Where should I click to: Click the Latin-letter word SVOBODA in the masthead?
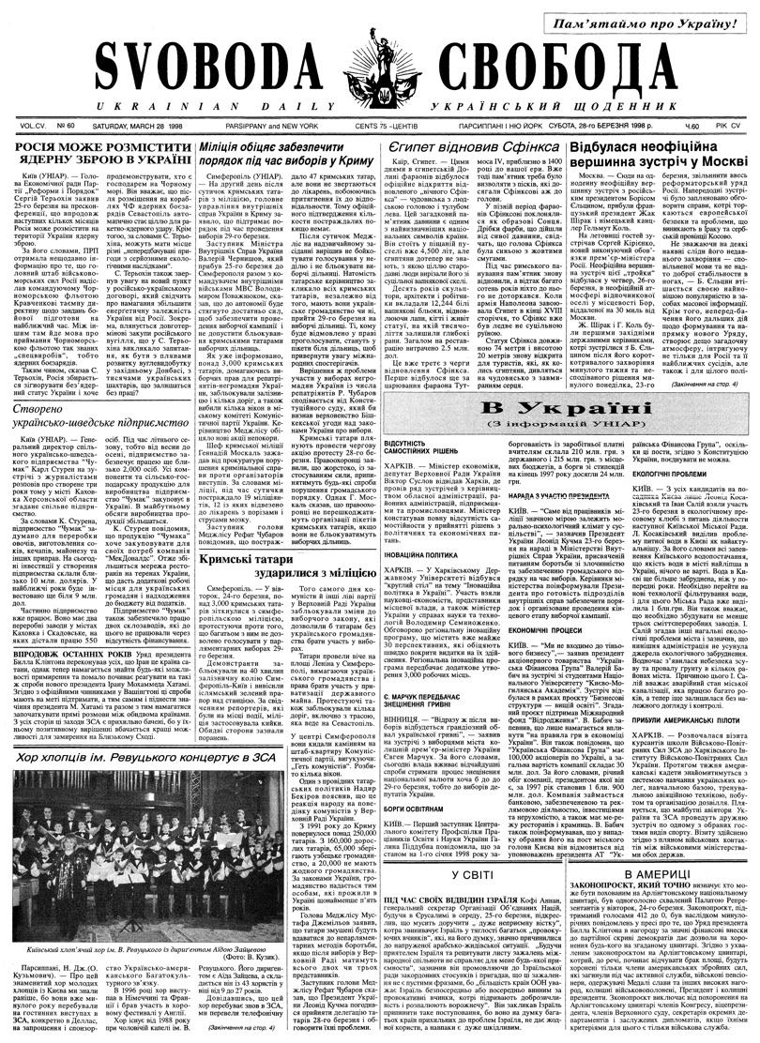(x=196, y=70)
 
